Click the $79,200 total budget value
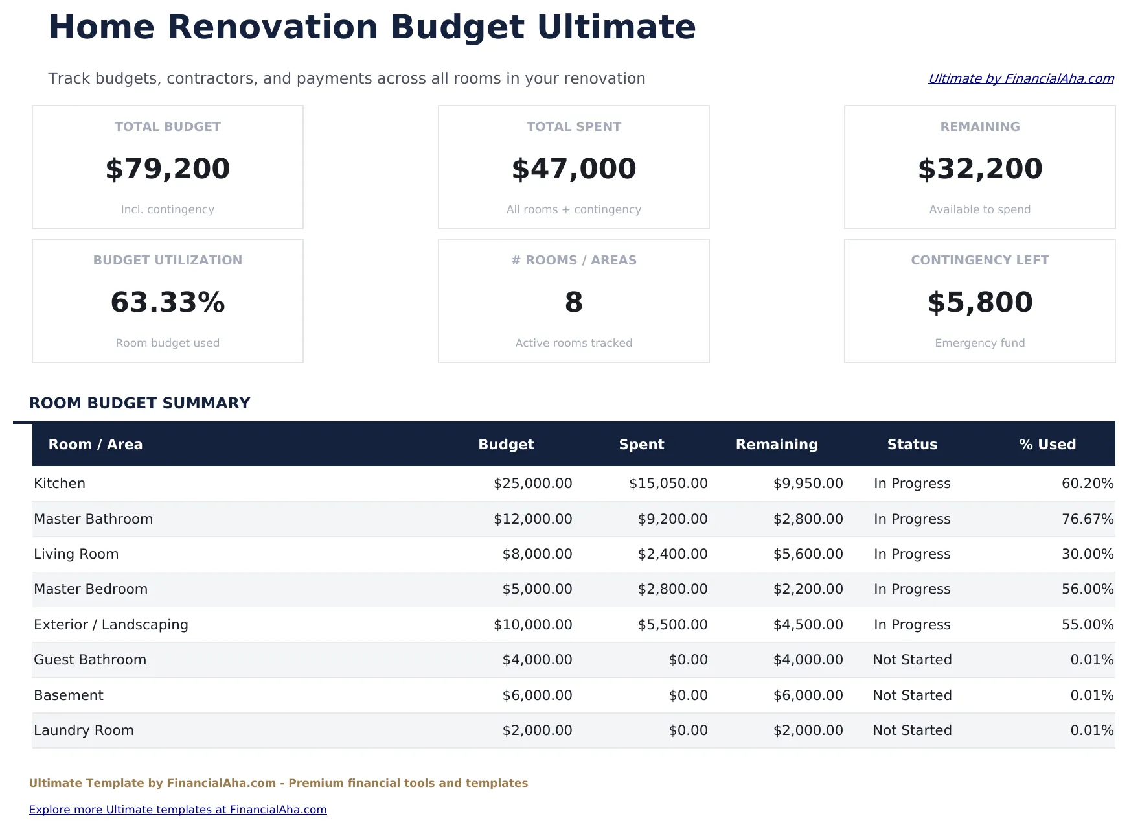(168, 169)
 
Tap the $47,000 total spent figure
(574, 169)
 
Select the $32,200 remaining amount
(980, 169)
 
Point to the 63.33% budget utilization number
(168, 302)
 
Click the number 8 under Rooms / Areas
(574, 302)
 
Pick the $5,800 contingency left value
(980, 302)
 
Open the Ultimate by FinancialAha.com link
(1021, 78)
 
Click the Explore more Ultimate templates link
(177, 810)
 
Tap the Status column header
(912, 445)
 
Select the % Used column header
(1047, 445)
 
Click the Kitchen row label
(60, 484)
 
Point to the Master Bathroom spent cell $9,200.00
(672, 519)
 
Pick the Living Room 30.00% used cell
(1088, 554)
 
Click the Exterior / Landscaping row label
(111, 625)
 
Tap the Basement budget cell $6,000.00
(537, 695)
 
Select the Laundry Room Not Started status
(912, 730)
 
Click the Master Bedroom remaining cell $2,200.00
(808, 589)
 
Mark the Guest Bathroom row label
(90, 660)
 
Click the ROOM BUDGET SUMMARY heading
(139, 403)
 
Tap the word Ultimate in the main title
(616, 27)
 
